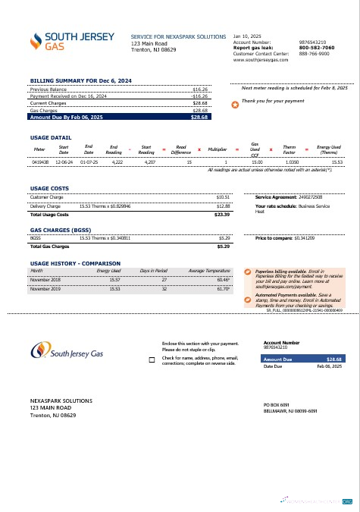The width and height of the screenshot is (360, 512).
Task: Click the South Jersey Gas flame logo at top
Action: click(x=36, y=42)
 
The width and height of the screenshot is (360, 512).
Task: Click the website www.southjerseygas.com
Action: click(x=259, y=60)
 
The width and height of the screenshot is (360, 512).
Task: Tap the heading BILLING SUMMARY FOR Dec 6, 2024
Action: click(x=80, y=80)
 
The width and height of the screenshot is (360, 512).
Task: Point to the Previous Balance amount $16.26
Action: click(x=200, y=89)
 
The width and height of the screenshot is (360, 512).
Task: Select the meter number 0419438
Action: click(x=40, y=162)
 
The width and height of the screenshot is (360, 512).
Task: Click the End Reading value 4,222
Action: click(x=117, y=162)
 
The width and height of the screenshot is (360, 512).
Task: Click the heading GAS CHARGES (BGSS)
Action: click(x=61, y=229)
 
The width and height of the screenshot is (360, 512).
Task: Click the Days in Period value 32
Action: click(x=164, y=288)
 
